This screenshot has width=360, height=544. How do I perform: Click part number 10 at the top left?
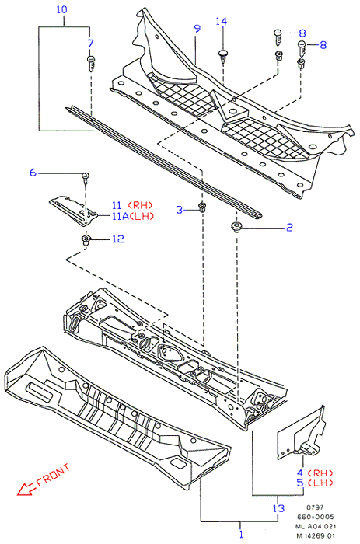click(x=61, y=9)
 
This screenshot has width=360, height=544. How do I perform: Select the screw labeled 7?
click(x=91, y=64)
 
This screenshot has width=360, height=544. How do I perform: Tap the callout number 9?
click(x=197, y=29)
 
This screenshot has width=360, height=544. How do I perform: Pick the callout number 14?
click(x=222, y=21)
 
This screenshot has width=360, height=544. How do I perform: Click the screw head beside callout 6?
click(x=86, y=176)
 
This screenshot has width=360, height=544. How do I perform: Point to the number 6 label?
click(x=33, y=173)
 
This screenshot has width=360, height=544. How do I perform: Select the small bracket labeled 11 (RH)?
click(x=74, y=211)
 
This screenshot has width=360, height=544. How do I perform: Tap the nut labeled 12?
click(x=86, y=239)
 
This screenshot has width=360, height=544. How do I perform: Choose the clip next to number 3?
click(x=201, y=207)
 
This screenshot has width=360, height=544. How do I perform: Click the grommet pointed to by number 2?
click(x=236, y=227)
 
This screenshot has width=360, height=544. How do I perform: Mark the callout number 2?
click(x=289, y=228)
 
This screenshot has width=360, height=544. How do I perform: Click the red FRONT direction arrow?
click(x=26, y=489)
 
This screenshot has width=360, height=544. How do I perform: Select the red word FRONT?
click(x=53, y=475)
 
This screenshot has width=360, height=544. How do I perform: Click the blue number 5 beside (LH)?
click(x=300, y=483)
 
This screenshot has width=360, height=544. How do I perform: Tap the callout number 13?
click(x=278, y=508)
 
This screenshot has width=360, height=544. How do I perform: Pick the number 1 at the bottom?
click(x=241, y=535)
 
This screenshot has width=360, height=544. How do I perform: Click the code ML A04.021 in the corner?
click(x=316, y=527)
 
